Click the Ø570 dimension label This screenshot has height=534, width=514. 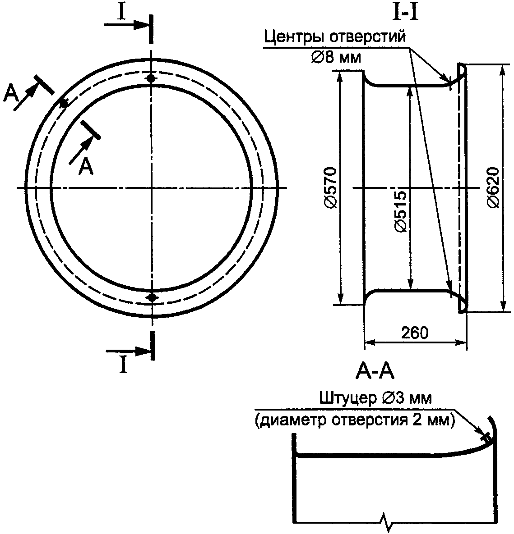330,187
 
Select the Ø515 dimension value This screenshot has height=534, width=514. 400,211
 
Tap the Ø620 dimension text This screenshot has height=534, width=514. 493,187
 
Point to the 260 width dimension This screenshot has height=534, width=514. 414,333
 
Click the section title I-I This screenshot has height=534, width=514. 405,13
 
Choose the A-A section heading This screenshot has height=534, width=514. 375,371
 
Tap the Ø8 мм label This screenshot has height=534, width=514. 336,57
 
